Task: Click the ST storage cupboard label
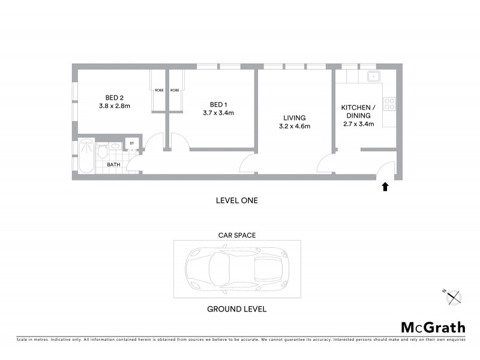pos(131,143)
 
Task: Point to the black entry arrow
pos(385,187)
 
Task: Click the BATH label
pos(114,164)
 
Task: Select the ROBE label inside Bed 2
pos(159,90)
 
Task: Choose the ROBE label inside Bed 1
pos(175,90)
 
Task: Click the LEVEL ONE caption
pos(236,200)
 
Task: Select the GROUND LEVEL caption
pos(236,310)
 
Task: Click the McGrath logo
pos(433,327)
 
